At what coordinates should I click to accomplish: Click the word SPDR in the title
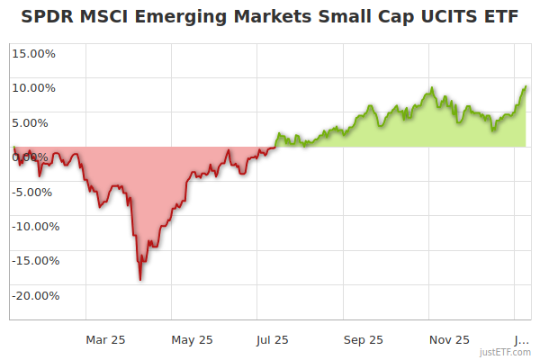(46, 16)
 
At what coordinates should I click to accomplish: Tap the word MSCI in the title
(106, 16)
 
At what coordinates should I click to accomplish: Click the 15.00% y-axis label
(33, 53)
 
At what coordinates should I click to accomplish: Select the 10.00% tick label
(33, 88)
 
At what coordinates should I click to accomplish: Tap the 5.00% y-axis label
(36, 122)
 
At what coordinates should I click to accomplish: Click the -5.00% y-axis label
(34, 192)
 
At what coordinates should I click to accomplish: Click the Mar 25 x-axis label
(105, 339)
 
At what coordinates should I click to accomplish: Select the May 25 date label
(193, 339)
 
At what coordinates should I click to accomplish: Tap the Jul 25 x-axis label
(273, 339)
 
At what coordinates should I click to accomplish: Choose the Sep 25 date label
(363, 339)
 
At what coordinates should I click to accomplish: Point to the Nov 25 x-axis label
(449, 339)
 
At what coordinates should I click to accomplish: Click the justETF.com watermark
(507, 352)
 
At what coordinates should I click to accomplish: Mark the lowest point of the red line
(140, 280)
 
